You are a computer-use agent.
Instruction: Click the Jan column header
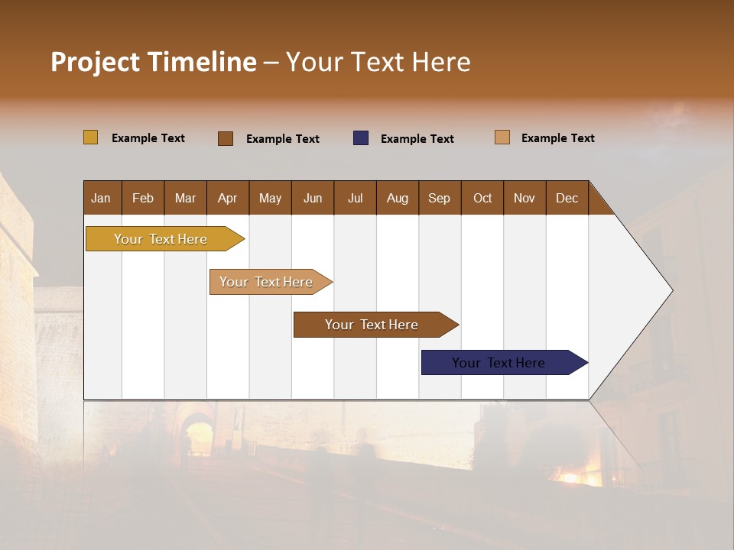pyautogui.click(x=102, y=198)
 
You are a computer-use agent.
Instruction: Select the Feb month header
pyautogui.click(x=143, y=198)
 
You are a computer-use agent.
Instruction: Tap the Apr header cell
pyautogui.click(x=227, y=198)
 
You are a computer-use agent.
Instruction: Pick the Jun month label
pyautogui.click(x=313, y=198)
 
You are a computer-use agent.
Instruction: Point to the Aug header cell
pyautogui.click(x=398, y=198)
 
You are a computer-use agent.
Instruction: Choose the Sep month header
pyautogui.click(x=440, y=198)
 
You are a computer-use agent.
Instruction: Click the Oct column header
pyautogui.click(x=482, y=198)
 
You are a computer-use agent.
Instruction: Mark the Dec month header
pyautogui.click(x=567, y=198)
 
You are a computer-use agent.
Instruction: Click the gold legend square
pyautogui.click(x=91, y=137)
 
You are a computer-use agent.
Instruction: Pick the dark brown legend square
pyautogui.click(x=226, y=138)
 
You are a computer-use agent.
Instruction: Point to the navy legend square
pyautogui.click(x=361, y=138)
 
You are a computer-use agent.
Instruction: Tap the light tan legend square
pyautogui.click(x=502, y=137)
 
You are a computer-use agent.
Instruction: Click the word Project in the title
pyautogui.click(x=95, y=62)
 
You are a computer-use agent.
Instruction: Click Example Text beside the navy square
pyautogui.click(x=417, y=139)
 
